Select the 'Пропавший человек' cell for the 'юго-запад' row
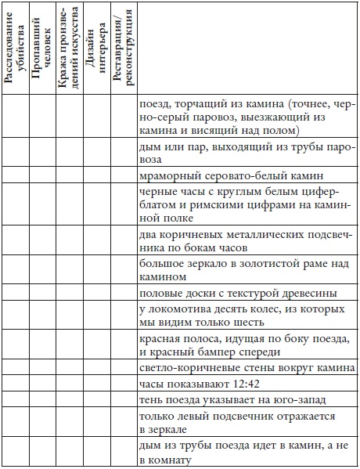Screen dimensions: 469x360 point(41,401)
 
